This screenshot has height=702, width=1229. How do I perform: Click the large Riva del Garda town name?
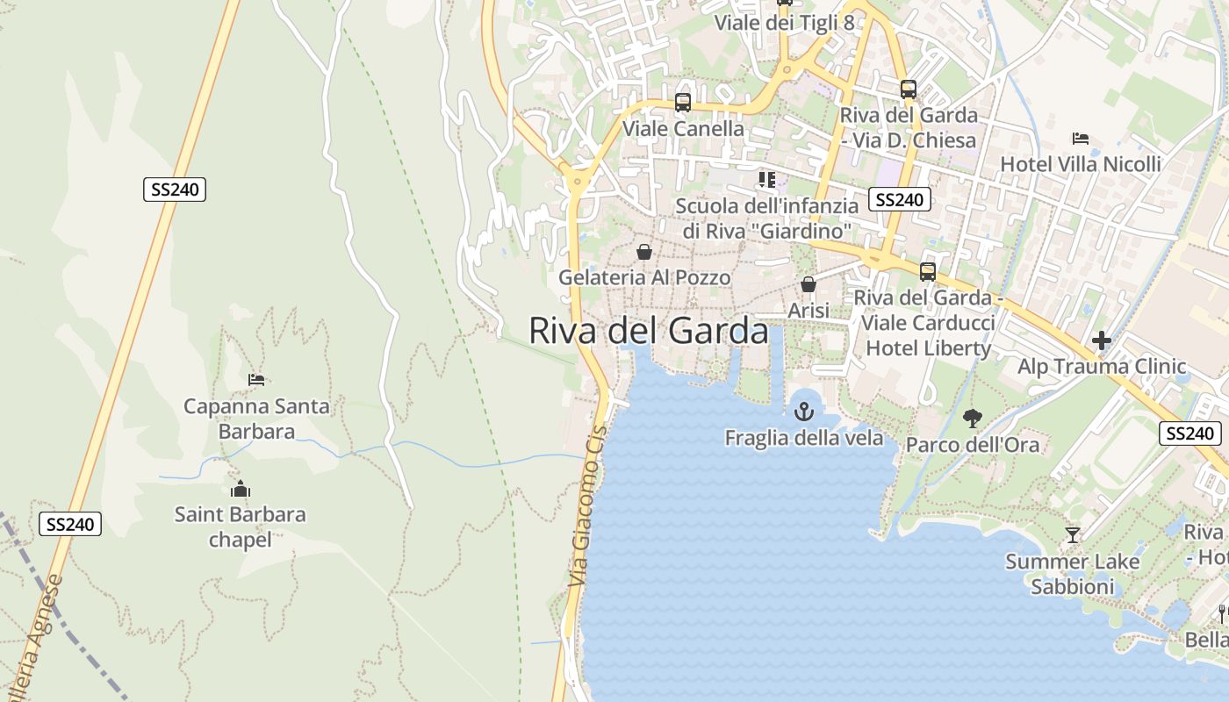click(649, 331)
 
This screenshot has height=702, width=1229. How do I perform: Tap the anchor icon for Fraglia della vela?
click(803, 411)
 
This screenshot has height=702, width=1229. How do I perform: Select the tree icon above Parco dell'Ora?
click(972, 419)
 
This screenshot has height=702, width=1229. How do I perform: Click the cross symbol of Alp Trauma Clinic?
click(1102, 340)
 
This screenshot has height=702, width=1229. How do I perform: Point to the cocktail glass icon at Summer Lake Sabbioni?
click(1072, 534)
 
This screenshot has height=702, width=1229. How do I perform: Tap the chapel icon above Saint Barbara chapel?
click(240, 489)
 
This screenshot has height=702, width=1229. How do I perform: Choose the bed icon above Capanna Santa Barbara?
click(256, 380)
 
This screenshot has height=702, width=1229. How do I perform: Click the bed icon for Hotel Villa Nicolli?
click(1081, 139)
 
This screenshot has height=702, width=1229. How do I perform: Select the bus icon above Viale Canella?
click(683, 103)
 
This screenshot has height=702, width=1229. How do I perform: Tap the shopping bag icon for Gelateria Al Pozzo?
click(644, 253)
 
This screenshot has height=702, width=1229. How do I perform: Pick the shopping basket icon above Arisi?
click(809, 285)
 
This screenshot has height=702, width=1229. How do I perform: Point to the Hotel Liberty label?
click(928, 347)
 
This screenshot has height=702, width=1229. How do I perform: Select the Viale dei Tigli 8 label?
click(784, 23)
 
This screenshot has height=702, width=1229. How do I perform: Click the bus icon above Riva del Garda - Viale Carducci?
click(928, 272)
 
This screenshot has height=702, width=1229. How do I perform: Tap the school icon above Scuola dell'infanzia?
click(767, 180)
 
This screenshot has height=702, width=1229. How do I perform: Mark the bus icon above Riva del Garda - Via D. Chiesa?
click(909, 90)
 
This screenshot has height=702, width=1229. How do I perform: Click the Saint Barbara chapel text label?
click(240, 526)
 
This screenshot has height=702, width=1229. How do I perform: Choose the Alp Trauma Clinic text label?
click(1102, 367)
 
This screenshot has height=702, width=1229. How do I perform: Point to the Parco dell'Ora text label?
click(972, 445)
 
